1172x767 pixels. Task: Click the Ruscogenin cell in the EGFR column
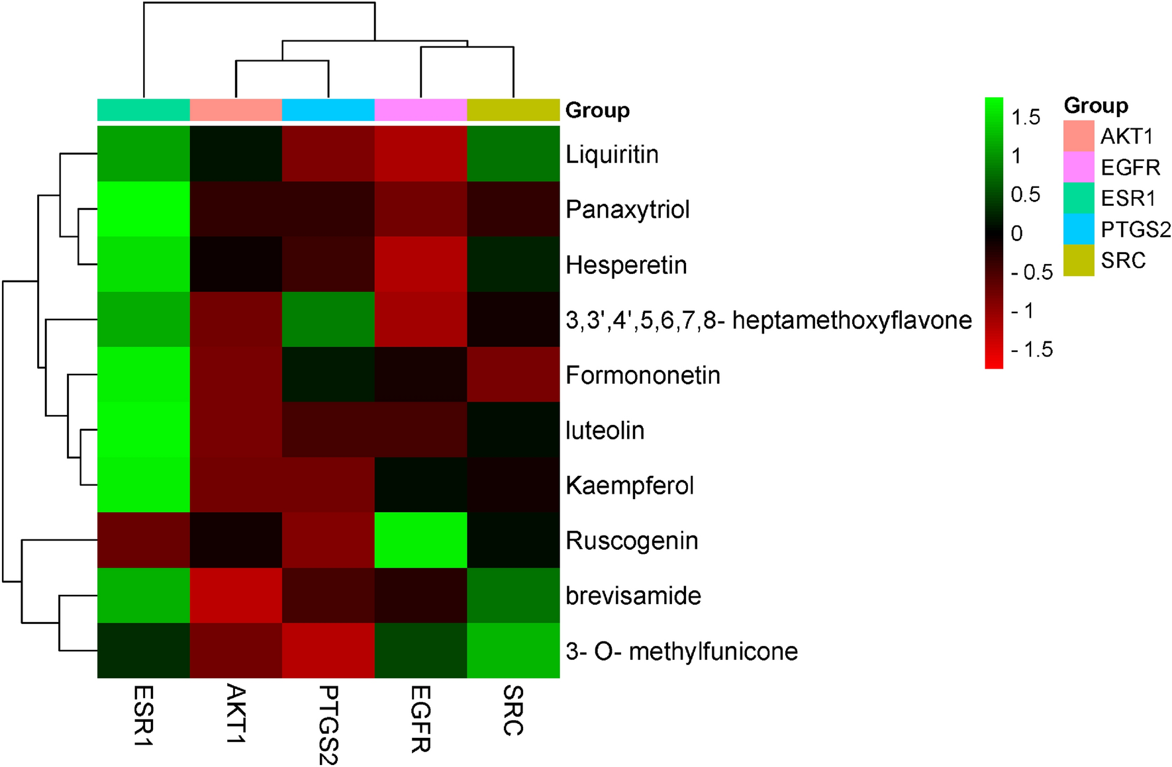pos(420,540)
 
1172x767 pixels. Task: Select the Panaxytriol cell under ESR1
pos(144,209)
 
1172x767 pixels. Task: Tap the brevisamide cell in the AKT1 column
pos(236,596)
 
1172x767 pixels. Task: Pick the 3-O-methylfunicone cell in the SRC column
pos(513,651)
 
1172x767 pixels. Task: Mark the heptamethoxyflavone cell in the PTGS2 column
pos(328,320)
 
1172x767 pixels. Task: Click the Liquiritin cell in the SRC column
pos(513,154)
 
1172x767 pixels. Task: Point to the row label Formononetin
pos(643,375)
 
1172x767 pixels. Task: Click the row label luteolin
pos(605,430)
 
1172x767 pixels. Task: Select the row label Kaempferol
pos(630,486)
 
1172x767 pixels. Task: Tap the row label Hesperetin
pos(626,265)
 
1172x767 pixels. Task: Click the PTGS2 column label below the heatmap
pos(328,725)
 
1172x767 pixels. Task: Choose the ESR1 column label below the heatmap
pos(144,715)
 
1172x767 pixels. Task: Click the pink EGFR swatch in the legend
pos(1079,167)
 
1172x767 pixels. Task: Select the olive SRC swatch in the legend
pos(1079,260)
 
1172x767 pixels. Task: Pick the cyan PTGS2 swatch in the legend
pos(1079,229)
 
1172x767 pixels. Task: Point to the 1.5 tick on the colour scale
pos(1026,117)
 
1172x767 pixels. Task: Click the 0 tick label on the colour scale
pos(1016,233)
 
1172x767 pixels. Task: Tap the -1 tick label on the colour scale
pos(1022,310)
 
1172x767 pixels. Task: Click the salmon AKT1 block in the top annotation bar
pos(236,110)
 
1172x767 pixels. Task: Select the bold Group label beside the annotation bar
pos(597,110)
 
